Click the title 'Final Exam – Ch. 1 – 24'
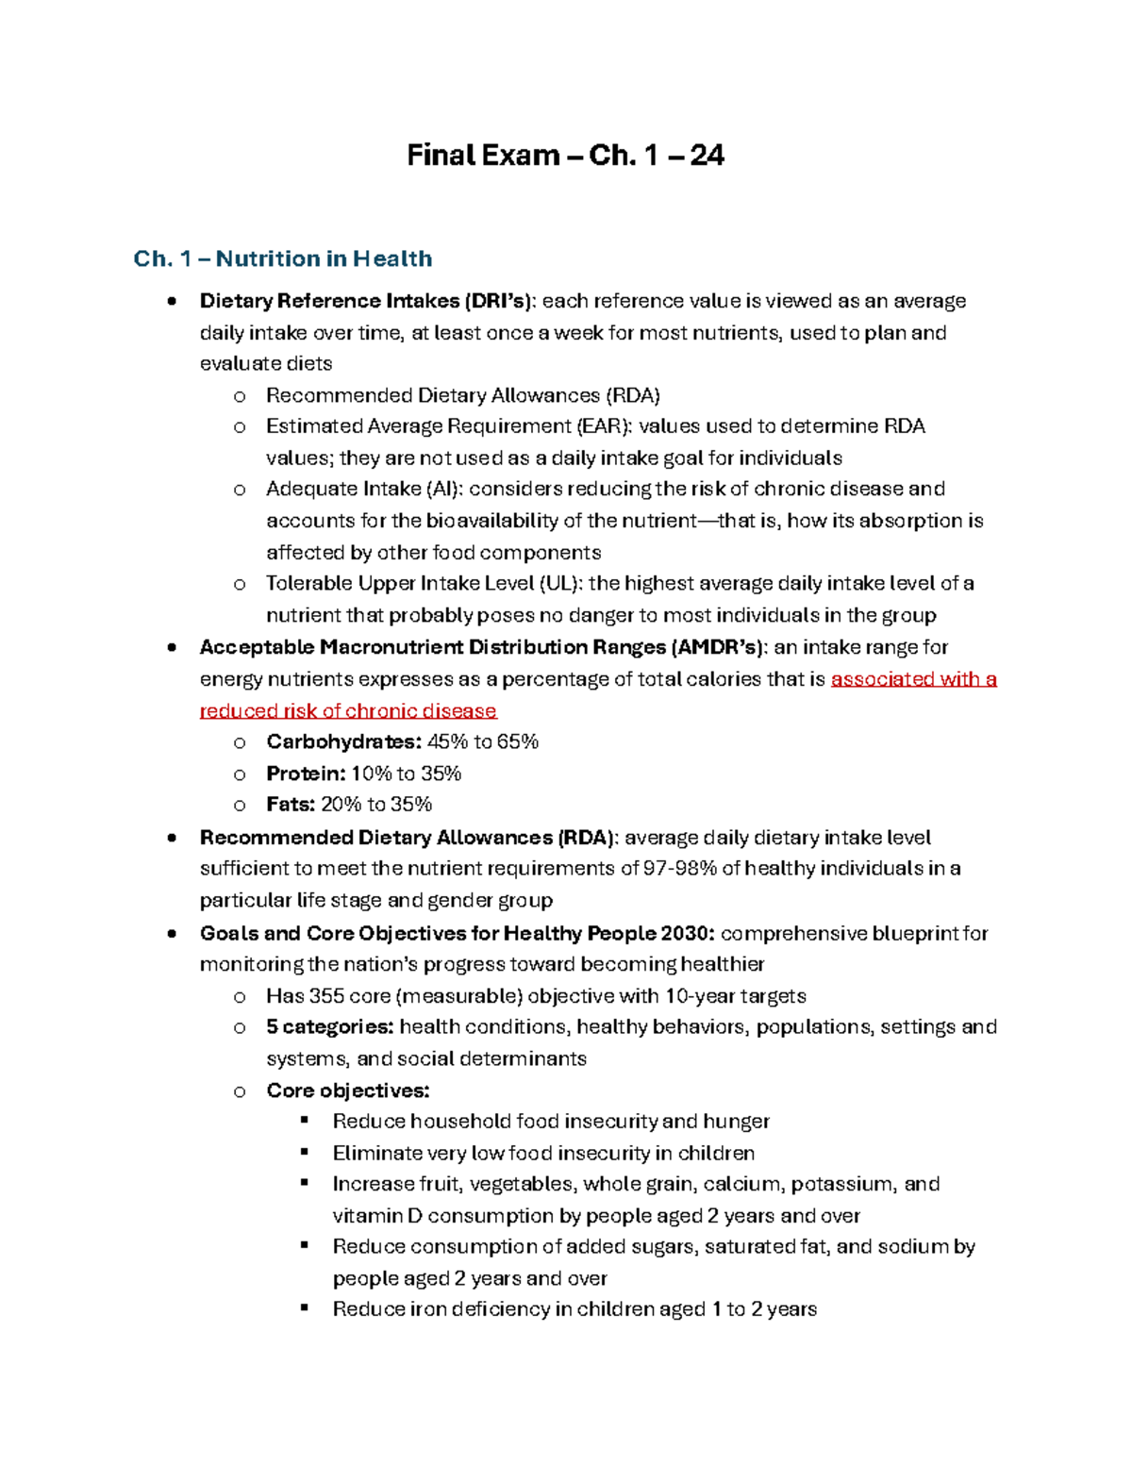(x=565, y=155)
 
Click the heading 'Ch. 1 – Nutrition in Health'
(x=283, y=258)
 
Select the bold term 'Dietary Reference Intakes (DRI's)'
(x=368, y=301)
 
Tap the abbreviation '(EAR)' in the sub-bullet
(x=604, y=426)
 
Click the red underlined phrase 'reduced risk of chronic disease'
(x=348, y=710)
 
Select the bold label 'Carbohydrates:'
(x=343, y=741)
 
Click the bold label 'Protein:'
(x=306, y=774)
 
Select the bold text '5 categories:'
(x=329, y=1026)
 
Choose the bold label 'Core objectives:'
(x=347, y=1090)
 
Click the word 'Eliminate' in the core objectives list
(x=376, y=1153)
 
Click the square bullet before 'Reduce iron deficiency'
(x=304, y=1307)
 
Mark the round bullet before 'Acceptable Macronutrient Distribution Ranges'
(x=171, y=647)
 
